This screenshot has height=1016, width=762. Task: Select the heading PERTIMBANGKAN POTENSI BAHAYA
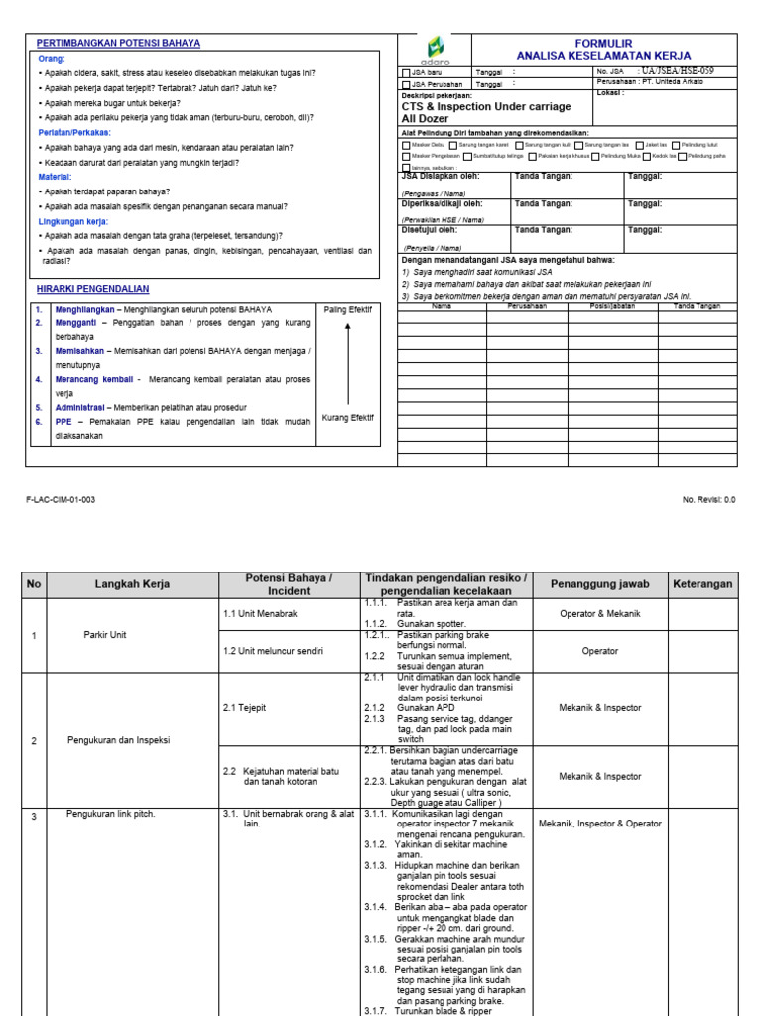coord(118,44)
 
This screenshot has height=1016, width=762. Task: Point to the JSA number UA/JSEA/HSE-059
coord(678,72)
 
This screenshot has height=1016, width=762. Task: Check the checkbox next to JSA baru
coord(405,73)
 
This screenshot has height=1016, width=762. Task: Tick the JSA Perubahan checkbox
coord(405,85)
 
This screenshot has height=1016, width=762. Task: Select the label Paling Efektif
coord(347,310)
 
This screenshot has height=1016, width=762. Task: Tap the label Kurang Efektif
coord(347,418)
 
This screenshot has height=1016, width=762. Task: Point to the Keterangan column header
coord(703,585)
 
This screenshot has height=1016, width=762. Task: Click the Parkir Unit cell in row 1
coord(104,635)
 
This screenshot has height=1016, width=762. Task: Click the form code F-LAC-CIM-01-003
coord(61,500)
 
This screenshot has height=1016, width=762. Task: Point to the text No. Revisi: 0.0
coord(708,500)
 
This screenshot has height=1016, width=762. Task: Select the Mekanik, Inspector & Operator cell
coord(599,824)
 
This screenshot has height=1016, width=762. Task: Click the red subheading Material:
coord(55,177)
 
